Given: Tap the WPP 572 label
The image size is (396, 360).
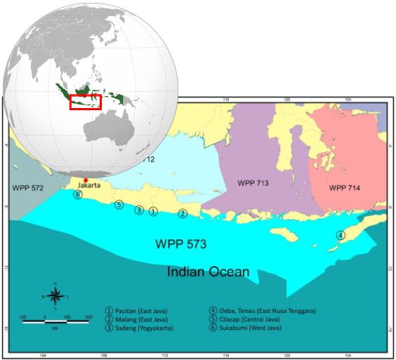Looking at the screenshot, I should (27, 188).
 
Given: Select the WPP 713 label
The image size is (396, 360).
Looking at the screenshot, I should (253, 182).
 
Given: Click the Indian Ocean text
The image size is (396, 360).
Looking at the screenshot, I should (209, 271).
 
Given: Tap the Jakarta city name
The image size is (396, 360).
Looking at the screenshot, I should (87, 186).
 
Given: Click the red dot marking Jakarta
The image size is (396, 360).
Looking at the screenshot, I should (86, 180).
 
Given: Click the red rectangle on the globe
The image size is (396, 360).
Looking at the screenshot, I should (86, 101).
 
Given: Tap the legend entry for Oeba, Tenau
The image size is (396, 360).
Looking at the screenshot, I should (263, 310).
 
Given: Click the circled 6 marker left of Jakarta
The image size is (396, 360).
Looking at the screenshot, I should (78, 194).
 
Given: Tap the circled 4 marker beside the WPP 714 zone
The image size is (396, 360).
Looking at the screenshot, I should (341, 235).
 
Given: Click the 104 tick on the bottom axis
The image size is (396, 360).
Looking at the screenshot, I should (43, 356).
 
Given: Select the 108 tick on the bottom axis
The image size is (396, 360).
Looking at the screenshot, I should (104, 356).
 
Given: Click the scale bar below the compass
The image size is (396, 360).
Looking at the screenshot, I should (55, 321).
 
